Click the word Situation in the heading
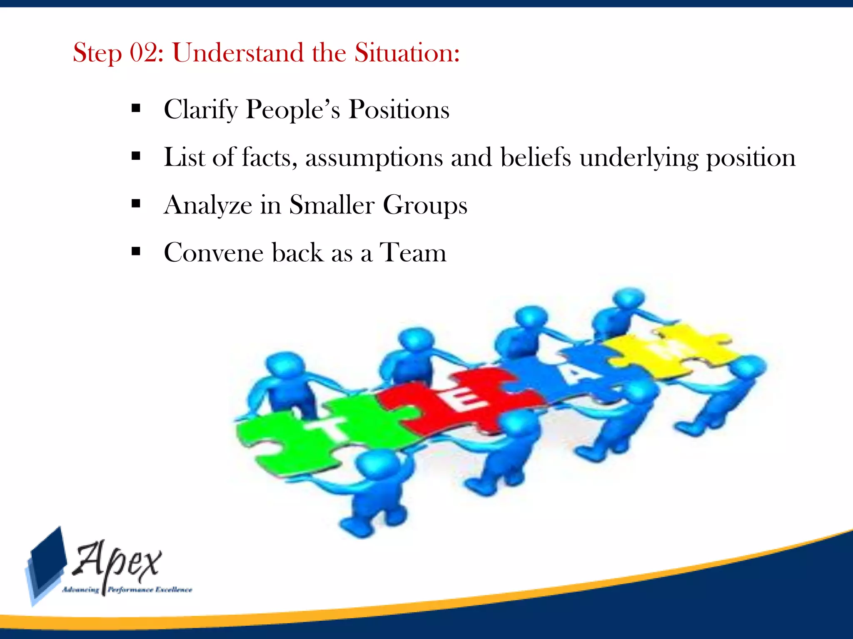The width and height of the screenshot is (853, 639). pos(407,53)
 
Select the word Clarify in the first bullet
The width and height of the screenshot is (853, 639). pos(200,110)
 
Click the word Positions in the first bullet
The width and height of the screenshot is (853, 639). pos(399,109)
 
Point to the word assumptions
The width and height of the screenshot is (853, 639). pos(374,158)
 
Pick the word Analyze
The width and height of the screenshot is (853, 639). pos(208,206)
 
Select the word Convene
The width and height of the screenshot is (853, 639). pos(213,253)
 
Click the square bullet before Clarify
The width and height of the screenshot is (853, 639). pos(135,109)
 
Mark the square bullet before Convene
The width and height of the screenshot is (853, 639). pos(135,251)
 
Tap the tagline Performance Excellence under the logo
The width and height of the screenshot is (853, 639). pos(150,589)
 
